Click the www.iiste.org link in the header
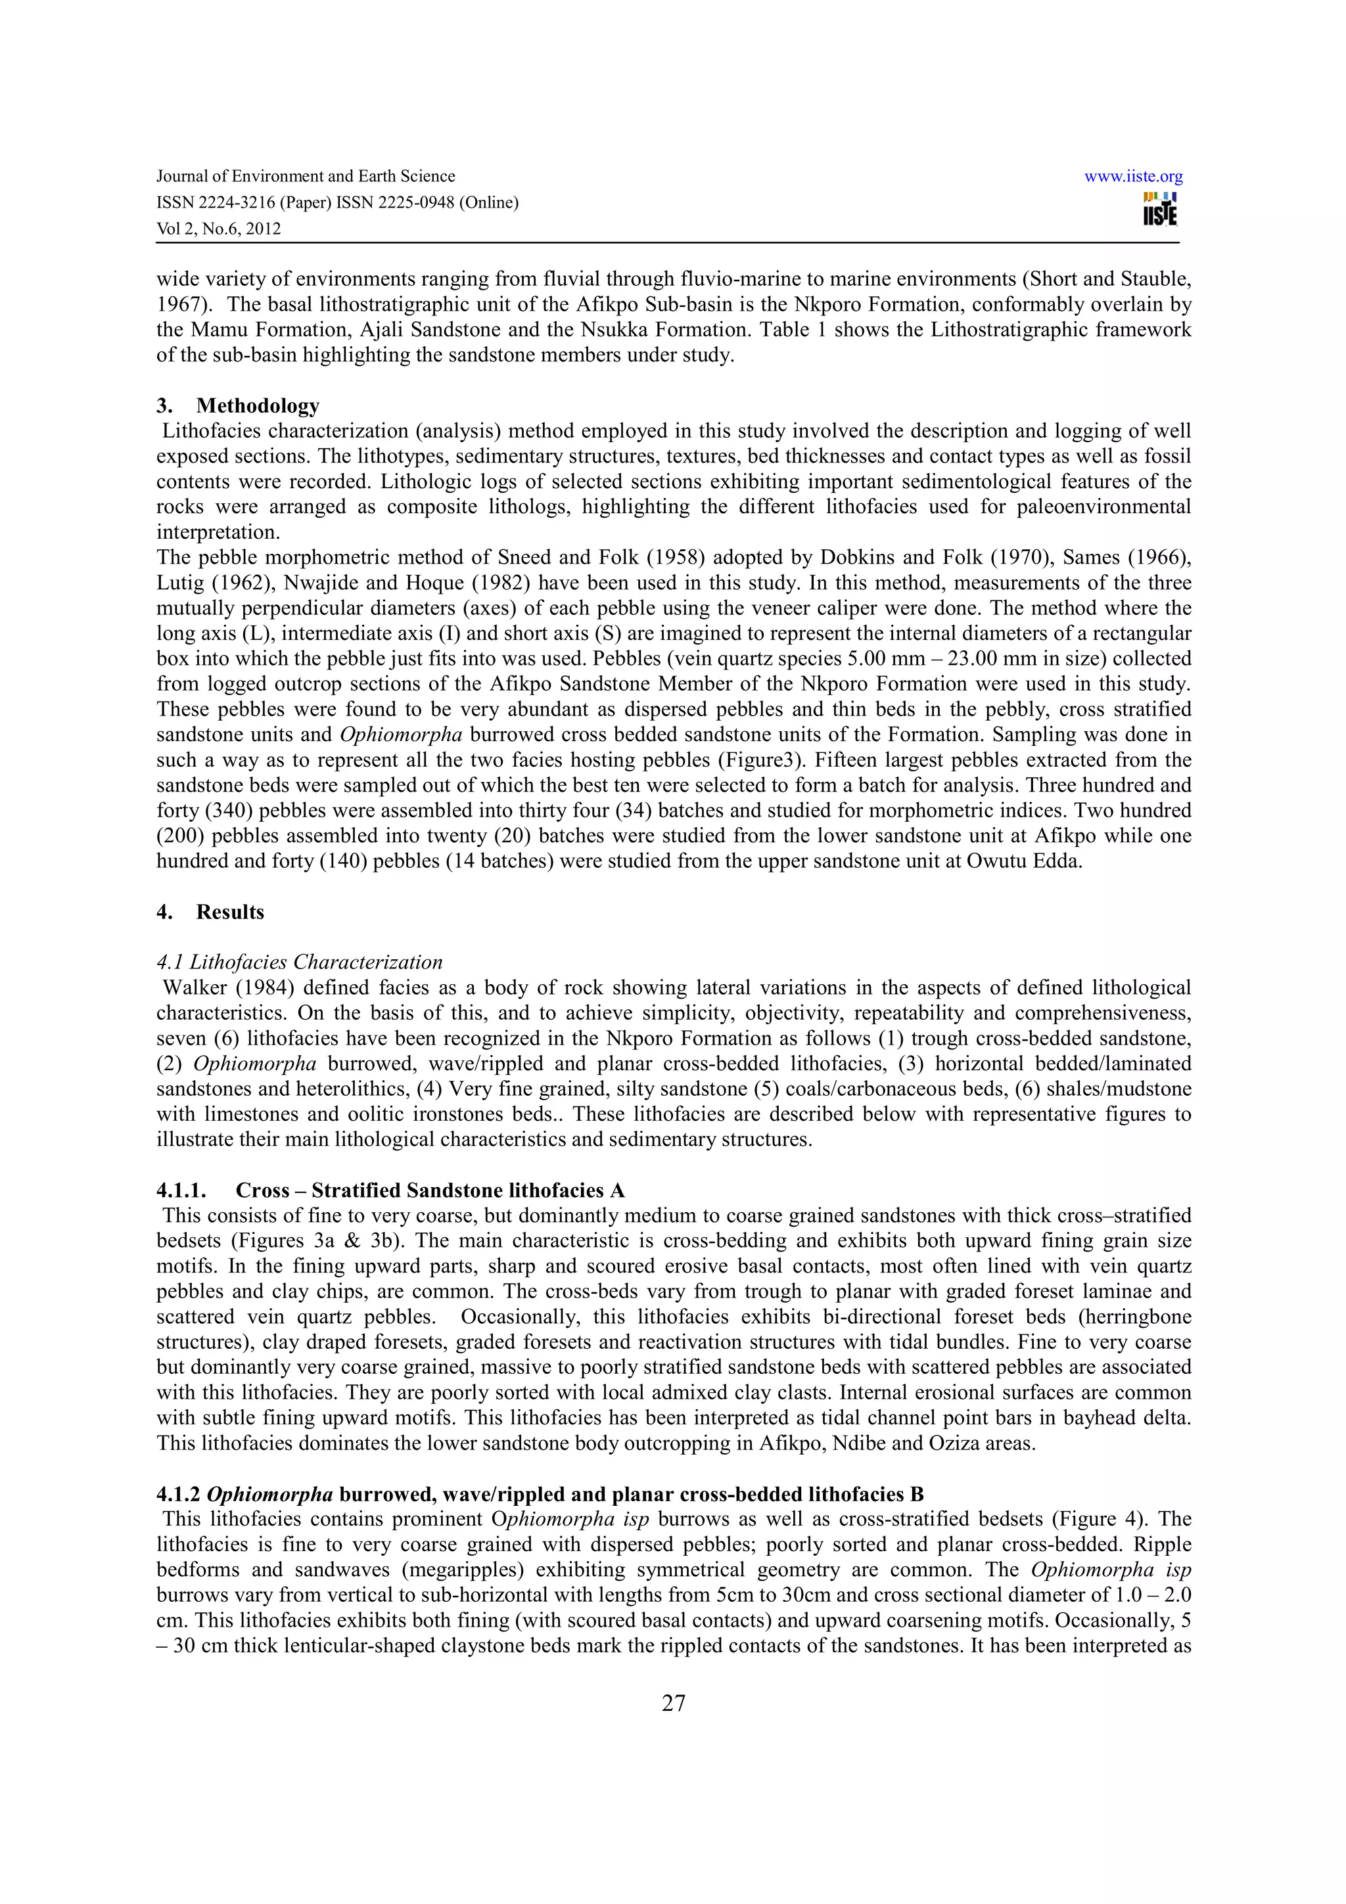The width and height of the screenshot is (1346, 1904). tap(1133, 177)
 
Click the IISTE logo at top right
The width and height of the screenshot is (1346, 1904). tap(1160, 210)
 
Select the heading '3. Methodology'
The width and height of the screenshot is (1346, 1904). tap(238, 405)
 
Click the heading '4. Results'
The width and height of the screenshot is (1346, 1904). tap(211, 912)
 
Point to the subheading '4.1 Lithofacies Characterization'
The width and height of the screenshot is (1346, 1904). tap(300, 962)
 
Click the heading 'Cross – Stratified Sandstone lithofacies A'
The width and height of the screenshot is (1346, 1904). tap(430, 1191)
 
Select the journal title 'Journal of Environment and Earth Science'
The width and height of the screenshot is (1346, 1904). tap(306, 177)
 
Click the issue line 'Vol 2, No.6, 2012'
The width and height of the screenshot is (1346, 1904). tap(219, 229)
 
